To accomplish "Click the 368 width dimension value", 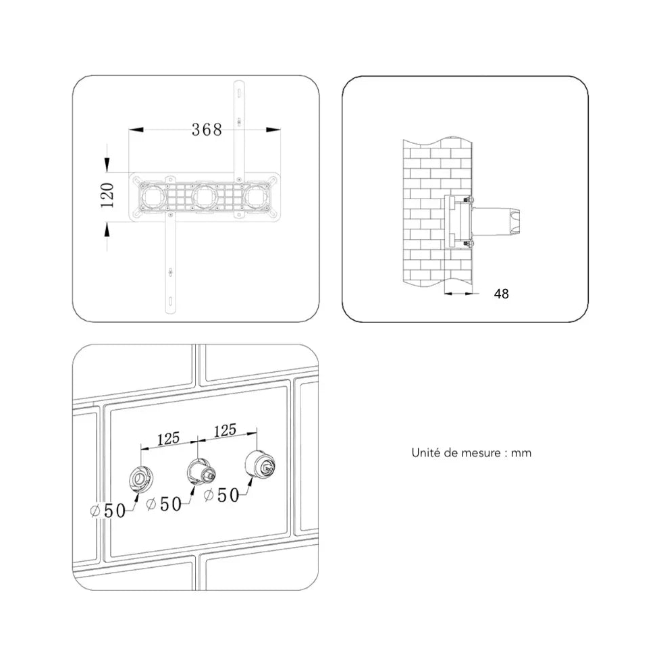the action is [x=207, y=130].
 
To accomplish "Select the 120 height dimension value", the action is [x=107, y=195].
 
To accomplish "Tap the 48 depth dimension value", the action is [x=501, y=294].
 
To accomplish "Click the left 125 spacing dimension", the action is [x=168, y=438].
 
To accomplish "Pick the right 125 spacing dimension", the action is [x=225, y=431].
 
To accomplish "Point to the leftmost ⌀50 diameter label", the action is [x=108, y=510].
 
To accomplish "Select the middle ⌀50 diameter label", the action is [x=164, y=504].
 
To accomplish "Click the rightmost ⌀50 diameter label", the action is [x=221, y=495].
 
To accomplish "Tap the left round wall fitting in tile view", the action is [x=140, y=479].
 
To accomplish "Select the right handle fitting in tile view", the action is [x=260, y=465].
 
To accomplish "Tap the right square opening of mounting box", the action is [x=257, y=196].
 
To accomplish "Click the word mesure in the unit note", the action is [x=481, y=453].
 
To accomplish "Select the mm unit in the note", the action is [x=521, y=453].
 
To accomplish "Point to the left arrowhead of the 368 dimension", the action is [x=136, y=130].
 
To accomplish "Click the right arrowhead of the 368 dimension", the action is [x=273, y=130].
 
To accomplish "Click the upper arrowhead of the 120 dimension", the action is [x=107, y=165].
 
